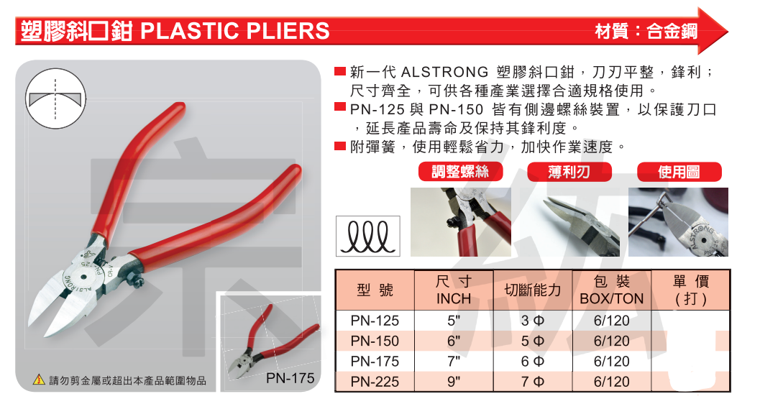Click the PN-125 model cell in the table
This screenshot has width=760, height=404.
375,321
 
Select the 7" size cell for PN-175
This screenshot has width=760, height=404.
454,362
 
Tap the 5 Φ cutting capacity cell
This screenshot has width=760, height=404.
533,341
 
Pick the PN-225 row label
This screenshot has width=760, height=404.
375,382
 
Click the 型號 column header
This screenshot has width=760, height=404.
375,290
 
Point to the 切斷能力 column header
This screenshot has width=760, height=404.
533,290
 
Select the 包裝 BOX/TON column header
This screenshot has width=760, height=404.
612,290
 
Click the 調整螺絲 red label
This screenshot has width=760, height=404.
460,172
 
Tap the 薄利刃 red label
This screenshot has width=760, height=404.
569,172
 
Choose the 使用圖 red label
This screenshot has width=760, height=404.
679,172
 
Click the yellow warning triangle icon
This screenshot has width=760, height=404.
39,380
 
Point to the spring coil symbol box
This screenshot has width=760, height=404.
368,236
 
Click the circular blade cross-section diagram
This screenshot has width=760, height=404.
55,98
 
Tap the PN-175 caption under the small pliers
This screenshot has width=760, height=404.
290,378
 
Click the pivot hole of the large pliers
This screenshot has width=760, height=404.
84,277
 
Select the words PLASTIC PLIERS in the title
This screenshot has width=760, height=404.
235,31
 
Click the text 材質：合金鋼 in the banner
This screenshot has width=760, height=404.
646,32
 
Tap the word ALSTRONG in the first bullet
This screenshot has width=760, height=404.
445,72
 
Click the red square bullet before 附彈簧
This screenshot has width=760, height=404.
340,146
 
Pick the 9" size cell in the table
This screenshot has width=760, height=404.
454,382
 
